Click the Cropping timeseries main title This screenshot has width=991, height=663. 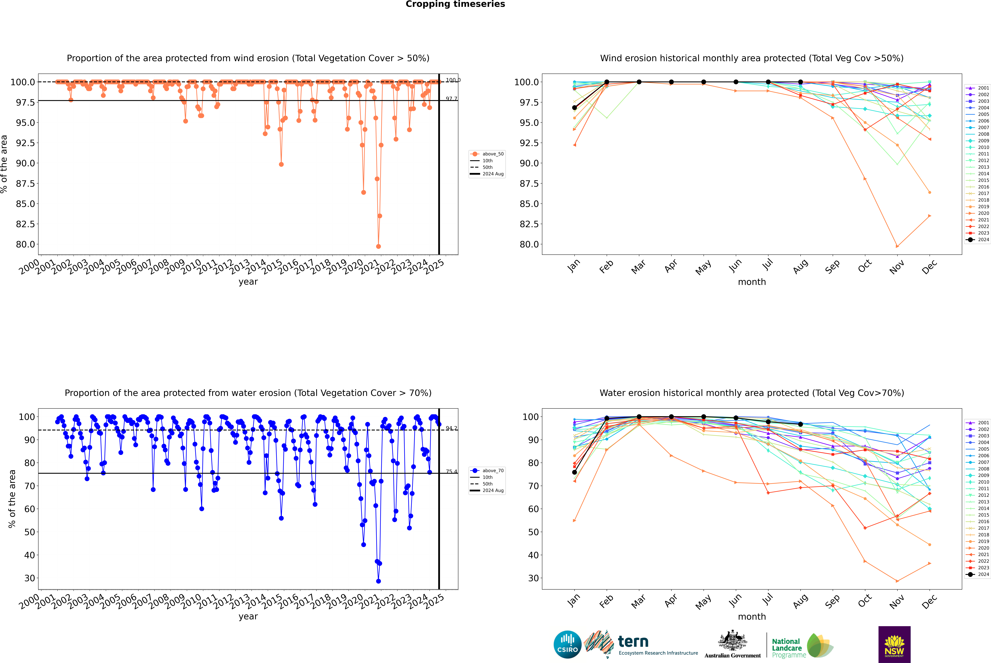(455, 4)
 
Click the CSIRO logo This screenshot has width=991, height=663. (567, 644)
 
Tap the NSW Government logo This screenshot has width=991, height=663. (894, 644)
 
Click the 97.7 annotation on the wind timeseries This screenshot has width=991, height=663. (451, 99)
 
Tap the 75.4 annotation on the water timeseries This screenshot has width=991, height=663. (451, 471)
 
